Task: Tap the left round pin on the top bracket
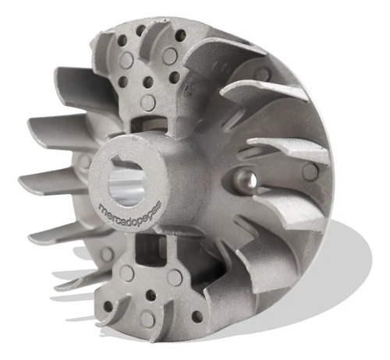[127, 61]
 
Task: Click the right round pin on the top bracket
[169, 55]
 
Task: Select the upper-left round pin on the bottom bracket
[127, 274]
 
